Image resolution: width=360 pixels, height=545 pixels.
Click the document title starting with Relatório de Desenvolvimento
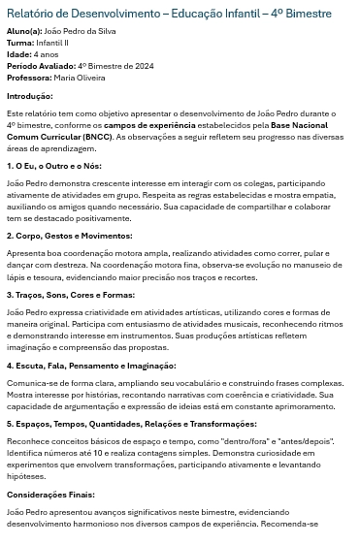pos(169,15)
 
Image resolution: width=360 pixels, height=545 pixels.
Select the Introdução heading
pos(30,96)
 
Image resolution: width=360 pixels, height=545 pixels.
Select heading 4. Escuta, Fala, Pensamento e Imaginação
pos(91,366)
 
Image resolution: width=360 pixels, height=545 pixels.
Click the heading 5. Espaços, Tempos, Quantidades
pos(117,424)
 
